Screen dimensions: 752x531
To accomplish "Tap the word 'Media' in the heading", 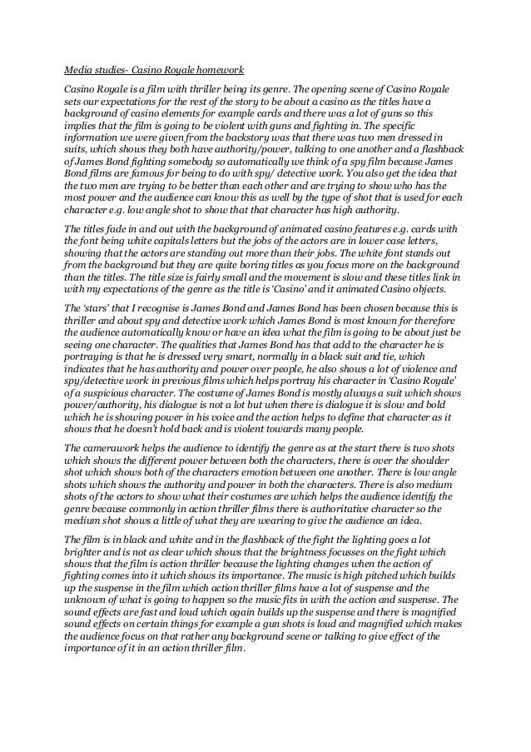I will (80, 71).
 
